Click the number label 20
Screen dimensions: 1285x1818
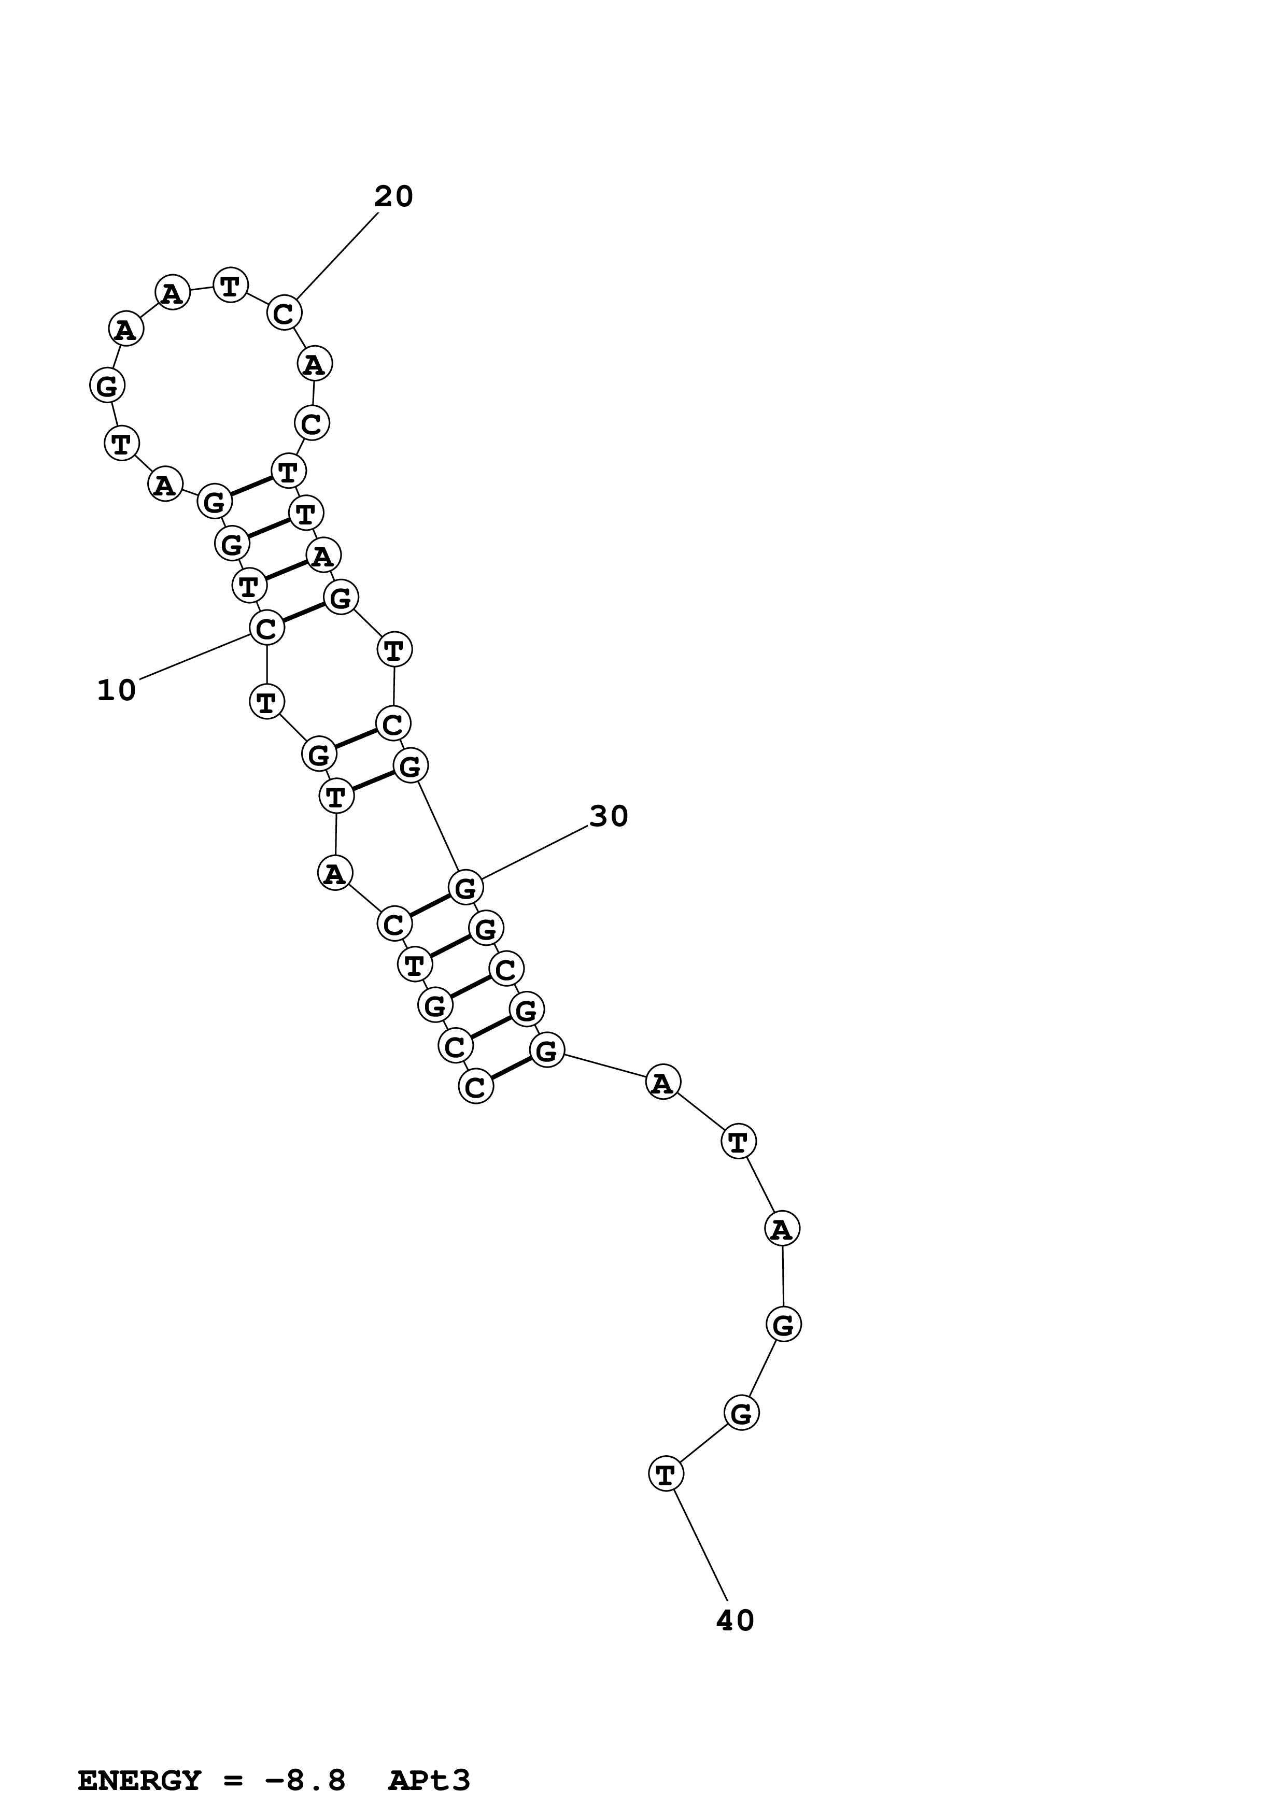pyautogui.click(x=393, y=196)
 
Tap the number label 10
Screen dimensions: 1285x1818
pyautogui.click(x=117, y=690)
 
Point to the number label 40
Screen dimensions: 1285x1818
pyautogui.click(x=735, y=1621)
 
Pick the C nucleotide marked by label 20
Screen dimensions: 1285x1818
pyautogui.click(x=284, y=314)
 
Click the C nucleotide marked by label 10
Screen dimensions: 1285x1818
pyautogui.click(x=267, y=629)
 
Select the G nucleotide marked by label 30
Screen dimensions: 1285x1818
pyautogui.click(x=465, y=888)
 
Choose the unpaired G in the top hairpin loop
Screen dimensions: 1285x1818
pyautogui.click(x=106, y=387)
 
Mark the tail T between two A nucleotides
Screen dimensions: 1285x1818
pyautogui.click(x=738, y=1143)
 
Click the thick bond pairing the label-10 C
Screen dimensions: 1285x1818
pyautogui.click(x=303, y=614)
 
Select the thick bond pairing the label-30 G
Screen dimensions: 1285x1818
pyautogui.click(x=429, y=906)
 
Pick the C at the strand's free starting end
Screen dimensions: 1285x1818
pyautogui.click(x=475, y=1086)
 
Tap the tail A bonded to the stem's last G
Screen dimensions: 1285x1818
pyautogui.click(x=662, y=1083)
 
